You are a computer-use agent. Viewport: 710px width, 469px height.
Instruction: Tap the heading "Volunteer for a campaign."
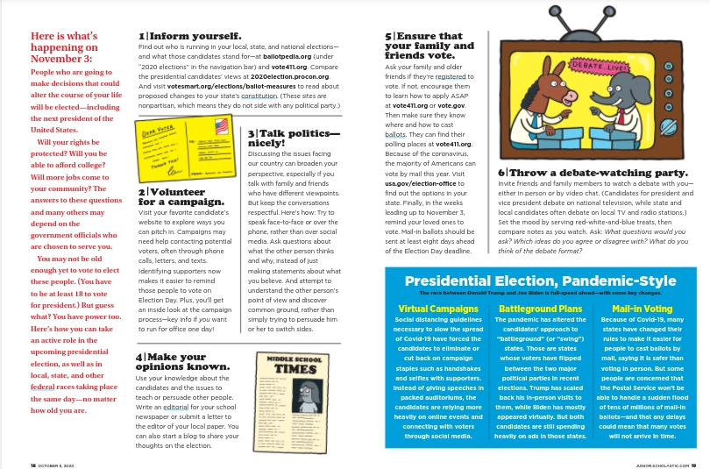(x=174, y=196)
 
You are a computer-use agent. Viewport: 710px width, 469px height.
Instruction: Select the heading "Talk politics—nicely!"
(x=293, y=137)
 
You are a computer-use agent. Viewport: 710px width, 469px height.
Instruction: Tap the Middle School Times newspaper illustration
(x=297, y=394)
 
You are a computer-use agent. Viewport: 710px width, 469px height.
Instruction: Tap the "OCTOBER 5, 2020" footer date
(x=60, y=465)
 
